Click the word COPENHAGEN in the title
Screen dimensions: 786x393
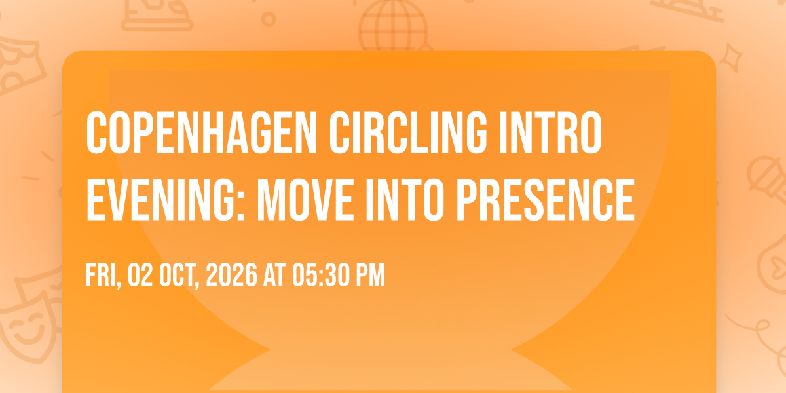pos(202,132)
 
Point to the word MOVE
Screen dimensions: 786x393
pos(305,200)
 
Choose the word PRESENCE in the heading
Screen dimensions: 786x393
pos(546,200)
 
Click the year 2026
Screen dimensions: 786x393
pos(232,274)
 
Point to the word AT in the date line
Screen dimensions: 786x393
pos(275,274)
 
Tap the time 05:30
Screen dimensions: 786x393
pos(322,274)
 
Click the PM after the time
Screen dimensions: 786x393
pos(371,274)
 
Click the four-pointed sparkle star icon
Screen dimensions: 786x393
pos(731,58)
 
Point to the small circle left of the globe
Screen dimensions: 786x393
pos(269,19)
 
